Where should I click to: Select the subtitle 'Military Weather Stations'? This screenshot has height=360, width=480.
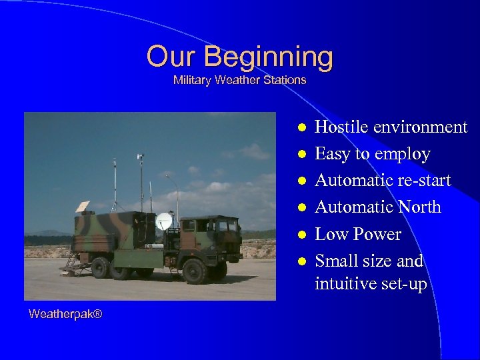[239, 80]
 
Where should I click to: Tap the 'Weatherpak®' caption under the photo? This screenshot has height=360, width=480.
[65, 313]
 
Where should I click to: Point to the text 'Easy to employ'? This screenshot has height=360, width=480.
[372, 154]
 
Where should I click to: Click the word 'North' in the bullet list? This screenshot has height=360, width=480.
[419, 207]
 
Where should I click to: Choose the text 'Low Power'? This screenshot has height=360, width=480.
[357, 234]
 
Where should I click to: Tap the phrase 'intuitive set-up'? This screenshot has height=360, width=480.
[371, 285]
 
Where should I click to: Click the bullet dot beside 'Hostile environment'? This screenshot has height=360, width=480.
[301, 128]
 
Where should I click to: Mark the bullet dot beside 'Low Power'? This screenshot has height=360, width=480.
[301, 235]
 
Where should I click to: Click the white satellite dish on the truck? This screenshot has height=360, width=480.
[163, 221]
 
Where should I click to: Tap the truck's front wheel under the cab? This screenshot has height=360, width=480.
[194, 271]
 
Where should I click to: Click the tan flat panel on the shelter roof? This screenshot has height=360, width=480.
[83, 207]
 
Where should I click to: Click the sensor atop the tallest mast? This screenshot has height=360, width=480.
[141, 158]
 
